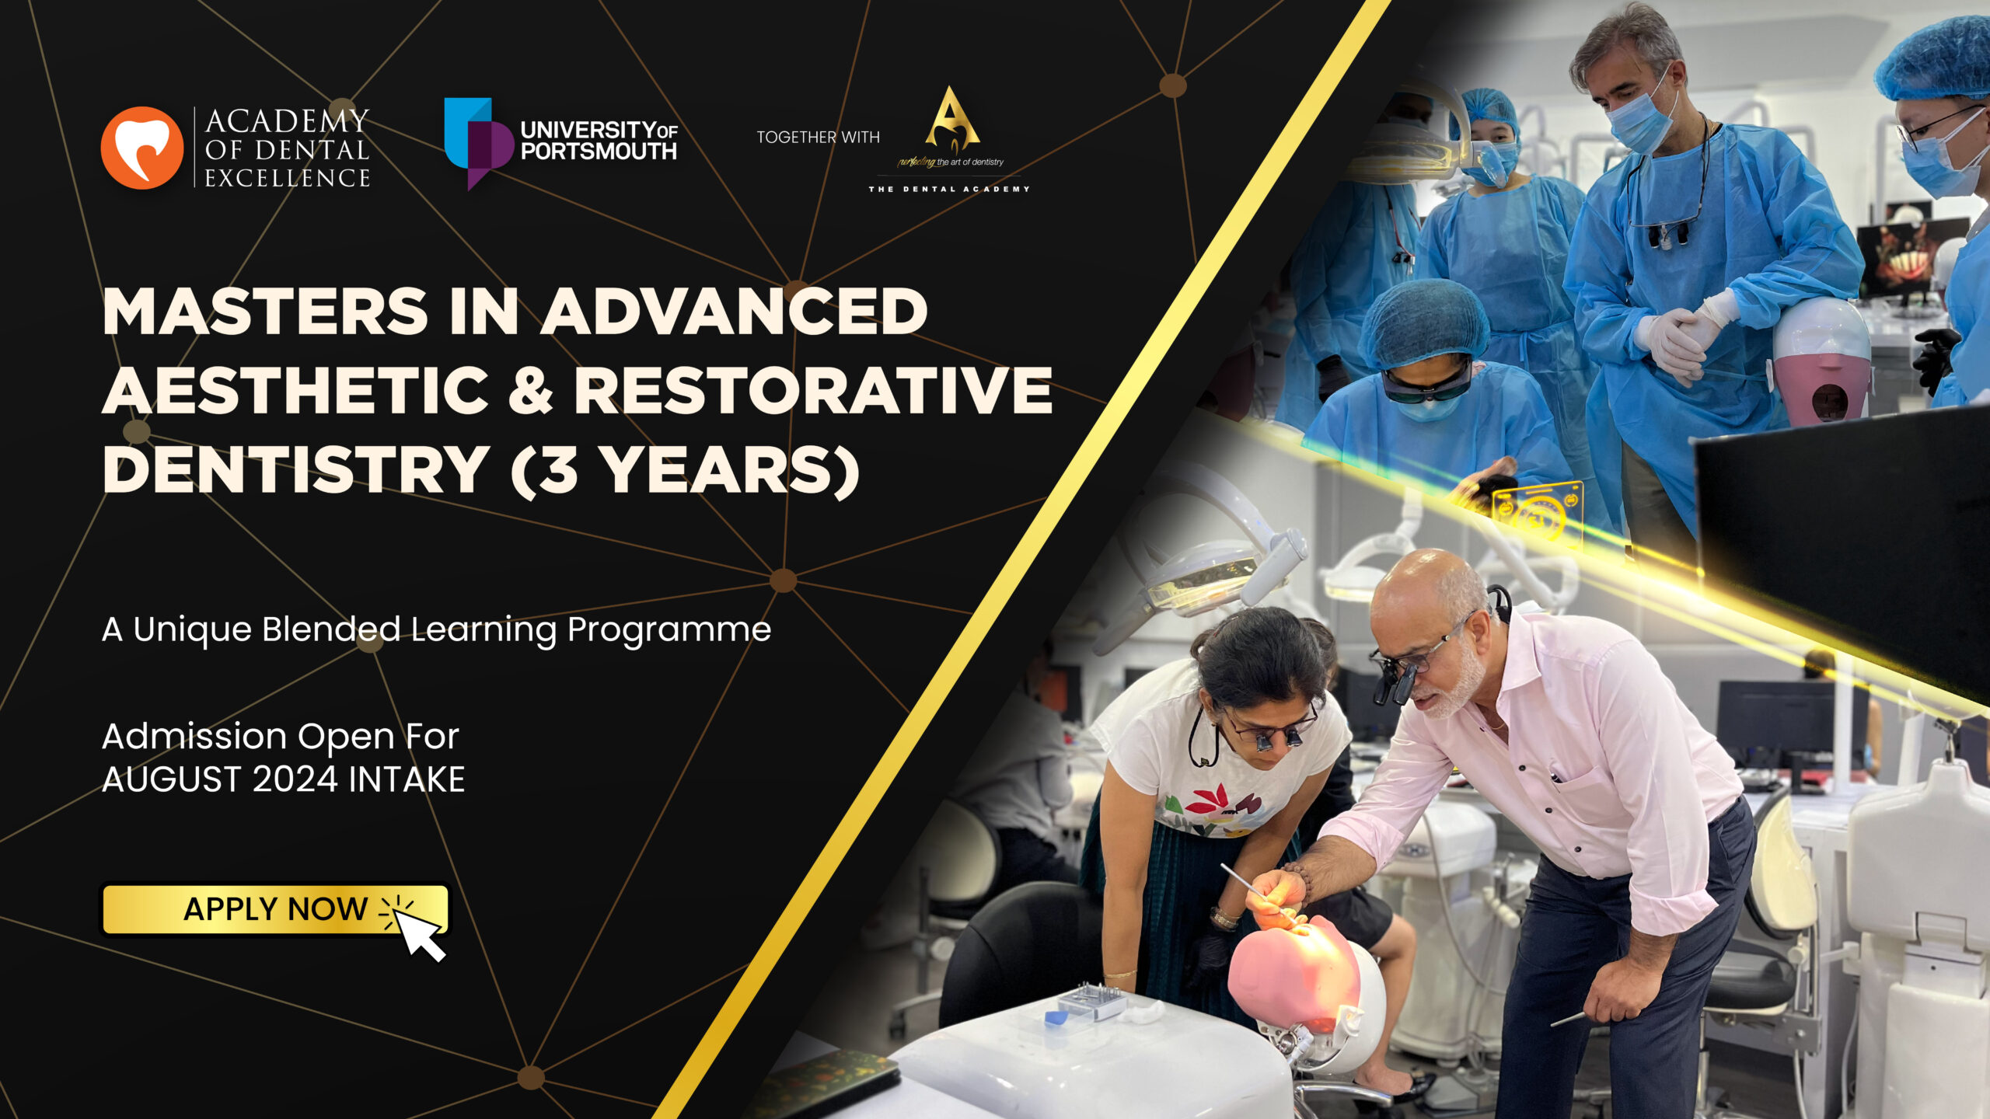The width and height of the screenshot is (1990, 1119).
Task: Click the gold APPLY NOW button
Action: (x=275, y=908)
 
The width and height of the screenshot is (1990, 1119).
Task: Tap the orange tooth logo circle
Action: (x=142, y=148)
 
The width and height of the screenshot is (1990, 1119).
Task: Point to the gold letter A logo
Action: (x=952, y=118)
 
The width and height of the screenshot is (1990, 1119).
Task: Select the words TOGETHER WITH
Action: (x=819, y=138)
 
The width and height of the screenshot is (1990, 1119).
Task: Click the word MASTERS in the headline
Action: (x=265, y=312)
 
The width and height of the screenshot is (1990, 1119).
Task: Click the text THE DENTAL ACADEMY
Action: (x=949, y=189)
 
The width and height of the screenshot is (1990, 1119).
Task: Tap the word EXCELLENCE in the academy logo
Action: (x=288, y=178)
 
